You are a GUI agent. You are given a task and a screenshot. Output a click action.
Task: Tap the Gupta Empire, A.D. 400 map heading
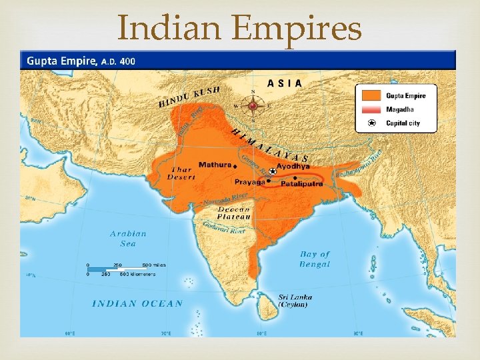(x=81, y=61)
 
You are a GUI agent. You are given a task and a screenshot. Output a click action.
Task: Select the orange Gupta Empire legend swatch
(x=373, y=96)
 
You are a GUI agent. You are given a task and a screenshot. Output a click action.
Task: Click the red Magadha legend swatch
(x=373, y=109)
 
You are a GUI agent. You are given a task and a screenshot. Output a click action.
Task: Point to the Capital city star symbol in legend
(x=372, y=123)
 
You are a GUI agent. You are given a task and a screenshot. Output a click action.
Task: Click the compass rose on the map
(x=253, y=105)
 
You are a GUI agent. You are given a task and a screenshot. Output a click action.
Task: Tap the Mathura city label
(x=215, y=165)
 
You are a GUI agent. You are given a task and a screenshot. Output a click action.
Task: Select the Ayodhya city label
(x=293, y=167)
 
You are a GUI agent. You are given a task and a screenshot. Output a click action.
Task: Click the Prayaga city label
(x=249, y=181)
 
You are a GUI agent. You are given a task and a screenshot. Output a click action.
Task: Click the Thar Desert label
(x=181, y=173)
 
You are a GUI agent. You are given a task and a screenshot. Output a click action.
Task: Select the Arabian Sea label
(x=128, y=239)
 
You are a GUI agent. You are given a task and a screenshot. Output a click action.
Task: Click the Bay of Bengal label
(x=315, y=259)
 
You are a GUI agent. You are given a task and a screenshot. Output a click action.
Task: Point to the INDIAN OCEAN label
(x=137, y=303)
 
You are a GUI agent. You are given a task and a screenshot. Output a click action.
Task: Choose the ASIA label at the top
(x=284, y=83)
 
